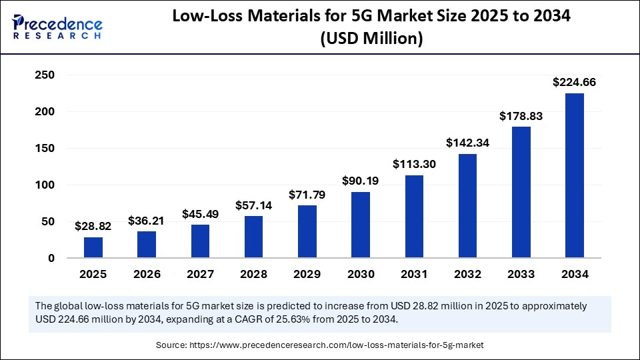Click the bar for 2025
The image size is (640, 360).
click(x=93, y=247)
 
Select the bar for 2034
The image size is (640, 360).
click(x=574, y=175)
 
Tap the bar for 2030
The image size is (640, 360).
click(x=361, y=225)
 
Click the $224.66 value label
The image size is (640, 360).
click(x=574, y=83)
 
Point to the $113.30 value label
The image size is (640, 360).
click(x=414, y=164)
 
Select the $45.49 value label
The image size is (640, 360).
click(x=200, y=214)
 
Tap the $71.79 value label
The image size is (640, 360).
click(x=307, y=195)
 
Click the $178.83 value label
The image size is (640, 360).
click(x=521, y=116)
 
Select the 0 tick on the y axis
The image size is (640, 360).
click(x=51, y=259)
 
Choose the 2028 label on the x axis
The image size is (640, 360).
click(x=253, y=274)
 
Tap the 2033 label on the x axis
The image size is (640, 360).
click(x=521, y=274)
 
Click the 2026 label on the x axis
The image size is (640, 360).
click(x=147, y=274)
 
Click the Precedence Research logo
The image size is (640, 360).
click(x=57, y=27)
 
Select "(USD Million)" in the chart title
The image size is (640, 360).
click(x=371, y=39)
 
